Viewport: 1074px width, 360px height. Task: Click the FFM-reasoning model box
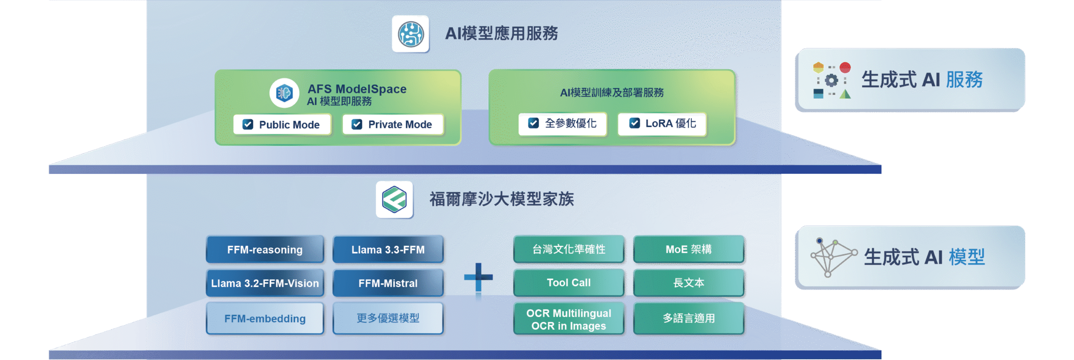(x=265, y=250)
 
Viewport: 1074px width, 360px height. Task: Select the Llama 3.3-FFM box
(x=388, y=250)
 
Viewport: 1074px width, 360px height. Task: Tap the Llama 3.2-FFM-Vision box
(x=265, y=283)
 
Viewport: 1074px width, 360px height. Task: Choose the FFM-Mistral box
(x=388, y=283)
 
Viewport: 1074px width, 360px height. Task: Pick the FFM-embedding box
(x=265, y=318)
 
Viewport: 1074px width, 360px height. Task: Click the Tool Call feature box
(x=568, y=283)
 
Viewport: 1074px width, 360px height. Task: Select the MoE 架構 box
(x=688, y=249)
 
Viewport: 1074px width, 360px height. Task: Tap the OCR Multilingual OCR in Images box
(x=568, y=319)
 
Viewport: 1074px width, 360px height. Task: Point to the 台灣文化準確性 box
(x=568, y=249)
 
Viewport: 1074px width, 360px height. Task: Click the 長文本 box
(x=688, y=283)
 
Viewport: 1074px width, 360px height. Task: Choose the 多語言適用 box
(x=688, y=318)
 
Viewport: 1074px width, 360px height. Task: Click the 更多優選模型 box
(x=388, y=318)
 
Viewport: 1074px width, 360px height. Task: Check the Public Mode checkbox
(x=248, y=124)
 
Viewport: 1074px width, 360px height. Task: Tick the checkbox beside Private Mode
(x=357, y=124)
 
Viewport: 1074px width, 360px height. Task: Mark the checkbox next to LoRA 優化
(x=634, y=123)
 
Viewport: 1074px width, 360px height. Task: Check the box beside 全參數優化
(x=533, y=123)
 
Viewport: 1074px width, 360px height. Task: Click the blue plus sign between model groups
(x=478, y=277)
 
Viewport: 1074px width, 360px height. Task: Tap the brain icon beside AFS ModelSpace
(x=284, y=93)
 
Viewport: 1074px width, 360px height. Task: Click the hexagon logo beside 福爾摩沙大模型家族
(x=394, y=200)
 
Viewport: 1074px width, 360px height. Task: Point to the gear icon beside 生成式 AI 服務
(x=831, y=80)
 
